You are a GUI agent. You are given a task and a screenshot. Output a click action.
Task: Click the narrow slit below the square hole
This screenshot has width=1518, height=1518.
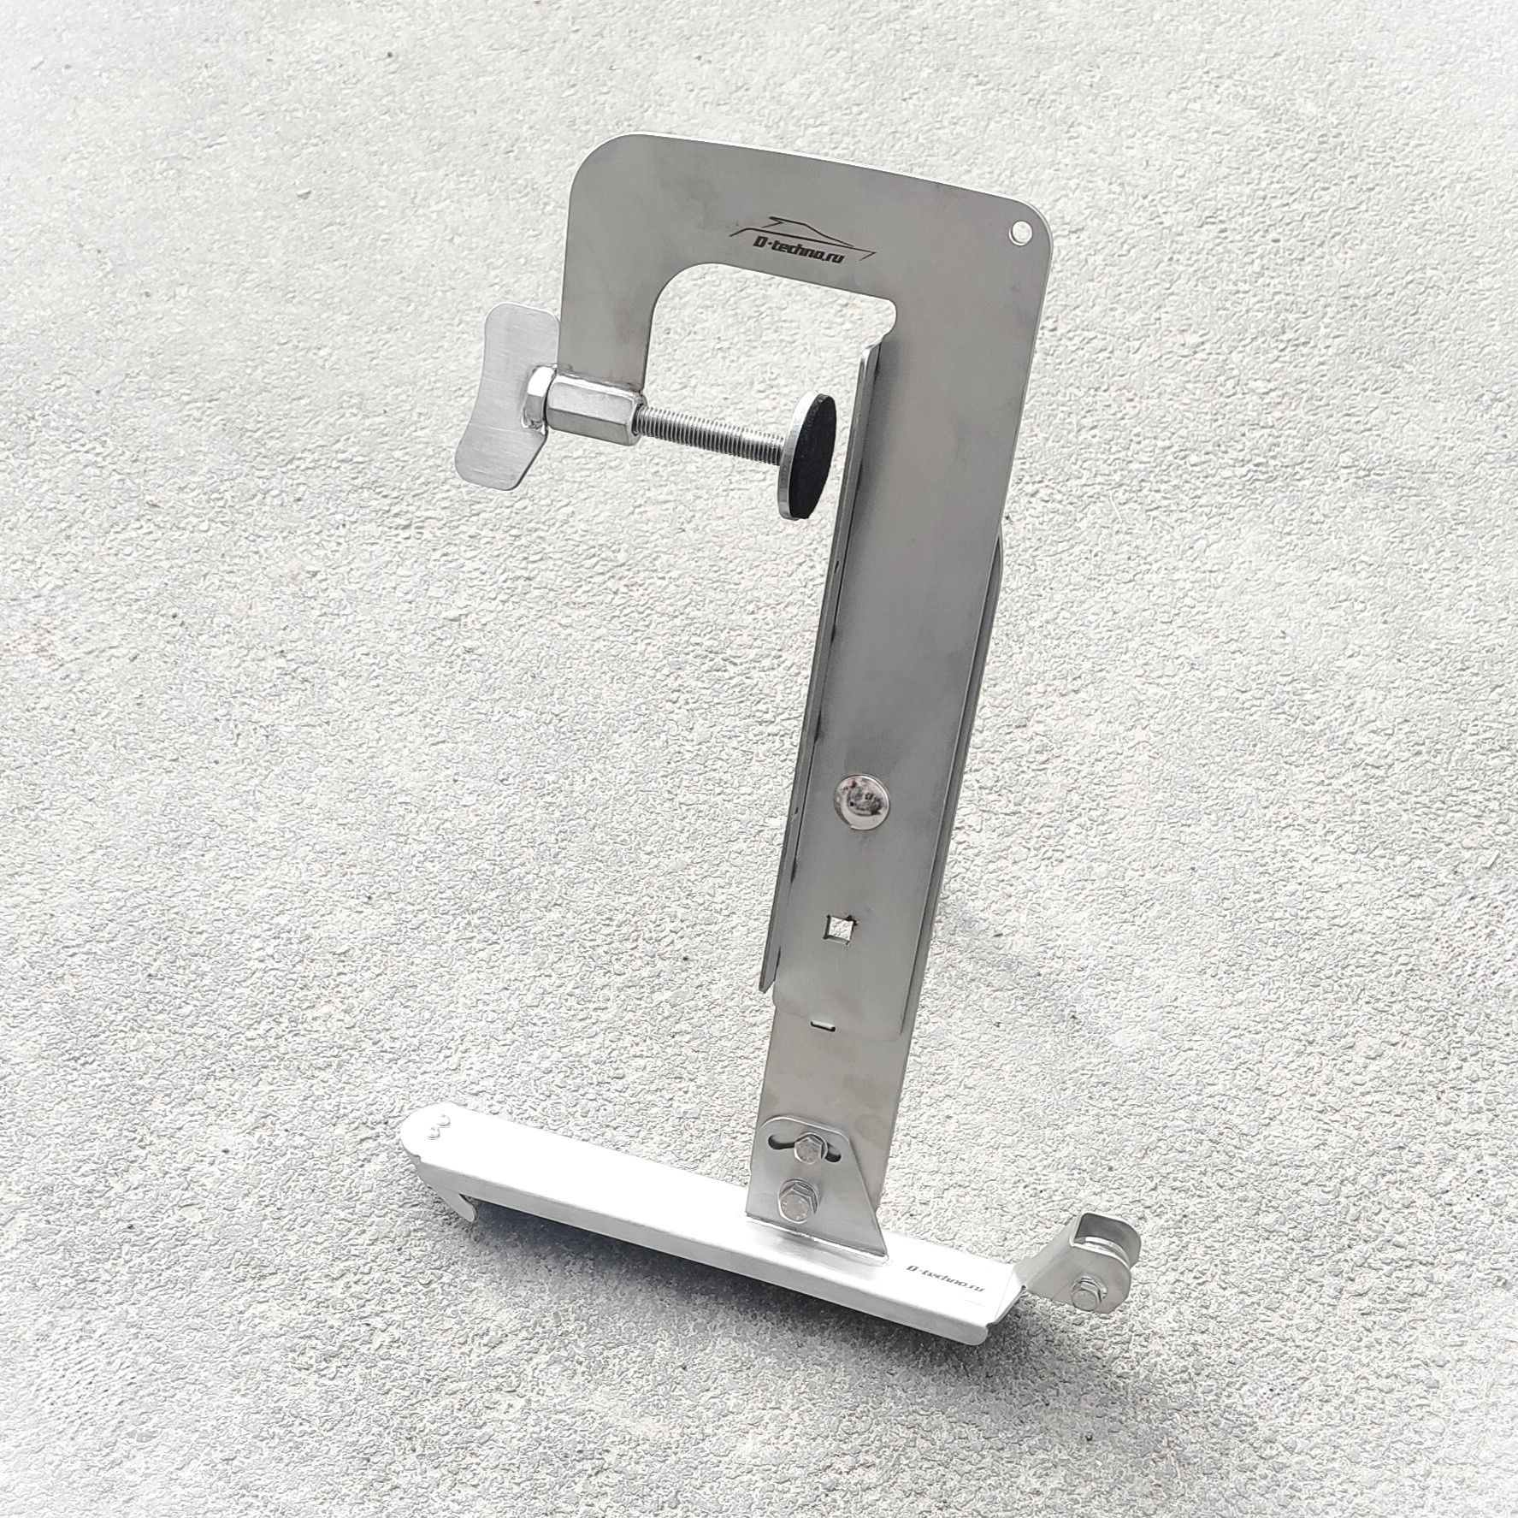823,1020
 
